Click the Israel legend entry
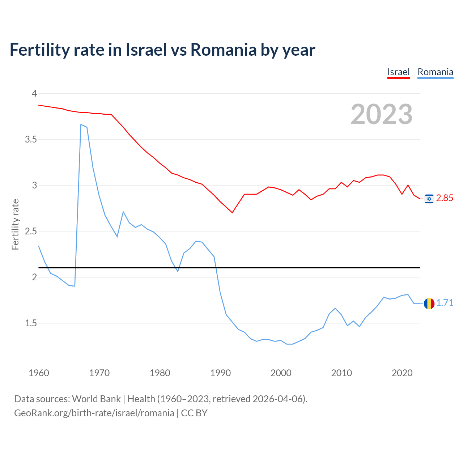[x=398, y=72]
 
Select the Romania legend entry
[x=435, y=72]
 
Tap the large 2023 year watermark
[x=381, y=114]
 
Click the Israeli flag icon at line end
[x=429, y=199]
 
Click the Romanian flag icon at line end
[x=429, y=303]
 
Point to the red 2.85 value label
[x=445, y=198]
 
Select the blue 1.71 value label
[x=445, y=303]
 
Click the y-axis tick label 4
[x=34, y=93]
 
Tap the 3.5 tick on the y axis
[x=31, y=139]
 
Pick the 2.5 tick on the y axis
[x=31, y=231]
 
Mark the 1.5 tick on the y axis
[x=31, y=323]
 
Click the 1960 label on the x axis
[x=39, y=373]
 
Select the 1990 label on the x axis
[x=220, y=373]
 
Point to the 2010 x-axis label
[x=341, y=373]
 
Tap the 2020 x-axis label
[x=402, y=373]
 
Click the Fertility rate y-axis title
[x=15, y=224]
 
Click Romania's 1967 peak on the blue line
[x=81, y=124]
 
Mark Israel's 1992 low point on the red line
[x=232, y=212]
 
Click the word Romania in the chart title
[x=223, y=50]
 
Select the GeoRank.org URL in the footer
[x=94, y=413]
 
